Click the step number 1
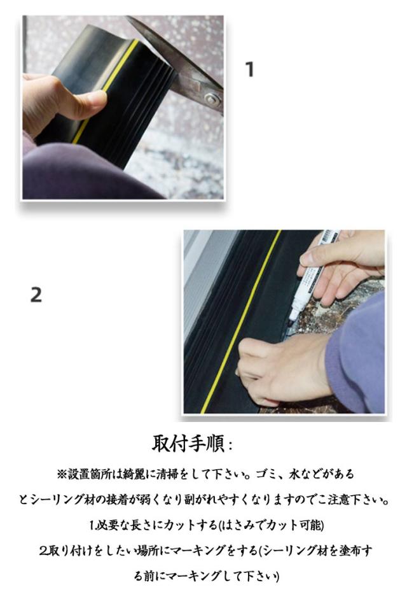coord(250,69)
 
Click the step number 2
coord(36,295)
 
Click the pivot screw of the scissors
coord(212,100)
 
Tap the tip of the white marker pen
coord(292,318)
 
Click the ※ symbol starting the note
coord(62,474)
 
